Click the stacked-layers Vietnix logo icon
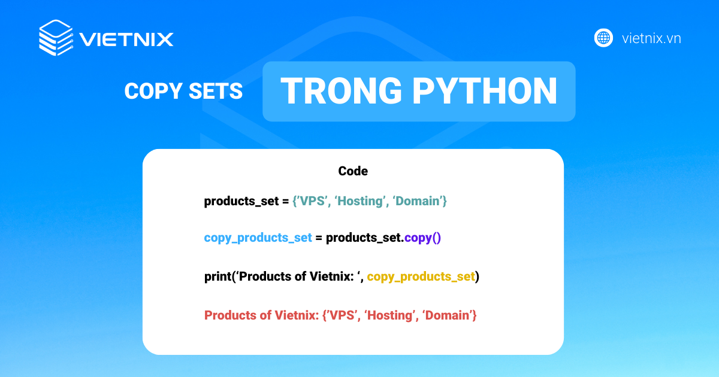[x=56, y=38]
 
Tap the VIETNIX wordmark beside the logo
[x=126, y=39]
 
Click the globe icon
[x=603, y=38]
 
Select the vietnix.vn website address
[x=651, y=38]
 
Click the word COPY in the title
[x=149, y=91]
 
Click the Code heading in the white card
[x=353, y=171]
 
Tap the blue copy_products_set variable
[x=258, y=238]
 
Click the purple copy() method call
[x=422, y=238]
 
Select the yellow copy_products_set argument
[x=421, y=276]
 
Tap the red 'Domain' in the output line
[x=448, y=315]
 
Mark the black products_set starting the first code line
[x=238, y=202]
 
